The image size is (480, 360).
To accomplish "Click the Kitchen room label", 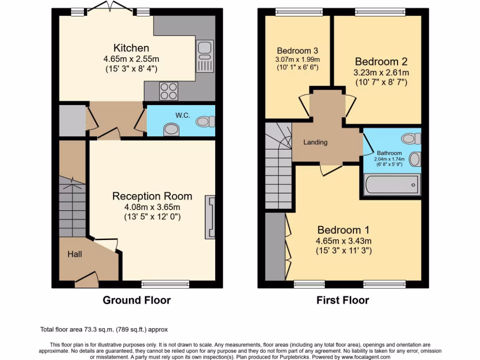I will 131,48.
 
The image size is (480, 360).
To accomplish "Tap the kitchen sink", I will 205,56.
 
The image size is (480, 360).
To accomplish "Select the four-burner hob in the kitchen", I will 169,90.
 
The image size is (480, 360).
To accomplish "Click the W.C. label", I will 183,115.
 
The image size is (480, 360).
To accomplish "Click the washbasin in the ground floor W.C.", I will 172,129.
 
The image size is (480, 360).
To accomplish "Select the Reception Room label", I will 152,196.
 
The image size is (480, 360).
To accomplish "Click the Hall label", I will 75,254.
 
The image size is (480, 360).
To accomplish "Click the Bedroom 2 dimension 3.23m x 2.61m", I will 381,73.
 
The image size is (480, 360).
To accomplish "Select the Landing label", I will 315,142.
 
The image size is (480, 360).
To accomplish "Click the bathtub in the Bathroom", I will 392,185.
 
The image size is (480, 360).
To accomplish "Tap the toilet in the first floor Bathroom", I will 411,138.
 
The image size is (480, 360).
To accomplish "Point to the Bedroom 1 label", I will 343,230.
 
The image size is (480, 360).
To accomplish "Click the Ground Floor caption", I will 136,300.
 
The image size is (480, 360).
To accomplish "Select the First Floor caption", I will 343,300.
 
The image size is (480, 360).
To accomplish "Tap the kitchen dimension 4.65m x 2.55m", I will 131,59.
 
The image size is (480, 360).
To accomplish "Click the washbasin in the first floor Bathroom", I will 414,159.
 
